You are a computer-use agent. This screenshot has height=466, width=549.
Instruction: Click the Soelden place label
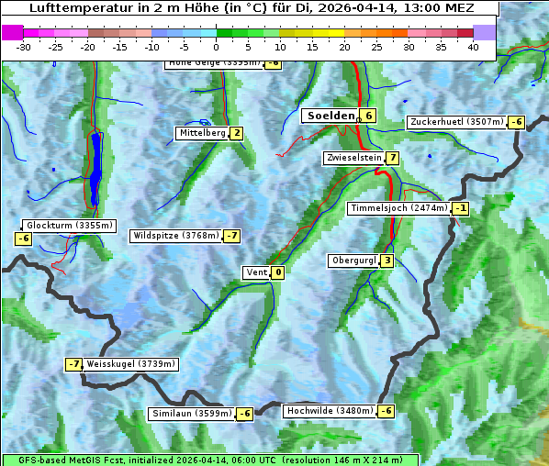point(330,116)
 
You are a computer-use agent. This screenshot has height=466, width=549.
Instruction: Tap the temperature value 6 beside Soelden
point(368,116)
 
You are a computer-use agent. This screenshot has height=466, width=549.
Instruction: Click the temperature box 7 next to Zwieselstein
point(393,158)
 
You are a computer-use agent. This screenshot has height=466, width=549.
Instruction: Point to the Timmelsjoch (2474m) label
point(399,208)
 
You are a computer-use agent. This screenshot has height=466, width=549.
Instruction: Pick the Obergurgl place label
point(353,261)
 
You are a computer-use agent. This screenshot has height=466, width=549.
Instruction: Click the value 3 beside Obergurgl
point(387,261)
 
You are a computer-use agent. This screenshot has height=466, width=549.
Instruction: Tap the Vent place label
point(256,272)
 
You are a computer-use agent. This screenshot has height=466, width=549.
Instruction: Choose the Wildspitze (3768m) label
point(176,236)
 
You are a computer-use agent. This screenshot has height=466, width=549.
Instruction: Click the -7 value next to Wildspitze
point(231,236)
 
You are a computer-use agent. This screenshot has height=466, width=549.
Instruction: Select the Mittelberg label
point(202,133)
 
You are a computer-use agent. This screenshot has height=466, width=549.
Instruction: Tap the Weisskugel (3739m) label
point(130,364)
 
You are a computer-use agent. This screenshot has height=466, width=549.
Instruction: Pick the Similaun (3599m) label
point(192,414)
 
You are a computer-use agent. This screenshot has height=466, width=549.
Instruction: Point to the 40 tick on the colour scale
point(473,47)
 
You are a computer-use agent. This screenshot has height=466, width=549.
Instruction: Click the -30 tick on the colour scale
point(24,47)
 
